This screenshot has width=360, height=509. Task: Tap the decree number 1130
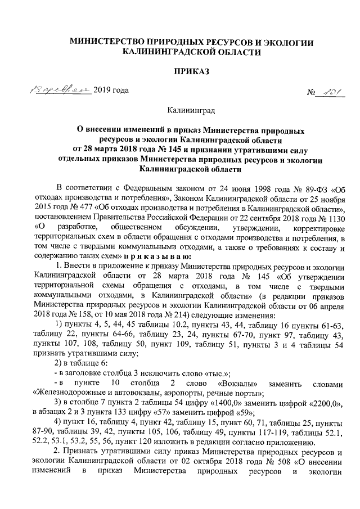pos(327,218)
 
